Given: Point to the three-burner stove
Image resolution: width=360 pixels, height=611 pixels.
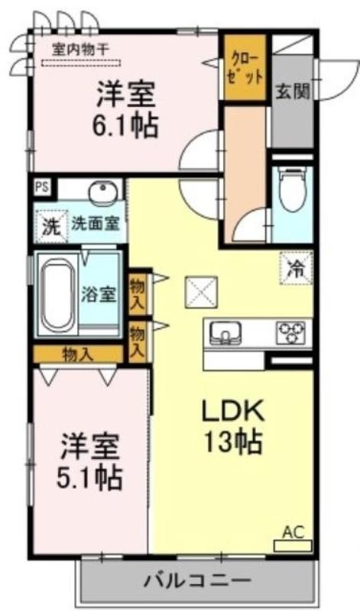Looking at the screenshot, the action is pos(291,332).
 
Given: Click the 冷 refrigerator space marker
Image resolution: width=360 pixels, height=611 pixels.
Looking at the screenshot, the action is pos(296,268).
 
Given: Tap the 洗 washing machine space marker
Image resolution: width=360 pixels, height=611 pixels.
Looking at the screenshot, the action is pos(51,227).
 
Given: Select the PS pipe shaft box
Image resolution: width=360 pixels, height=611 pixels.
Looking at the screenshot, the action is pos(42,187).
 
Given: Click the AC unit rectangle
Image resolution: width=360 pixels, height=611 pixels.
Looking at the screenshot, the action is pos(293,545).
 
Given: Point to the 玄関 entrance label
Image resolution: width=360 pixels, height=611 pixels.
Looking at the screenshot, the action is pos(294,91).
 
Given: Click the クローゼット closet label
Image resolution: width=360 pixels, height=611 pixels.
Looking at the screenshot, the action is pos(245,68).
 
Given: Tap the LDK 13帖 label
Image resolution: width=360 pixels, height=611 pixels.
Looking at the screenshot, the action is pos(233,426).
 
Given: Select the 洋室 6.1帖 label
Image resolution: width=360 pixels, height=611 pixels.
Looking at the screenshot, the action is pos(125,108).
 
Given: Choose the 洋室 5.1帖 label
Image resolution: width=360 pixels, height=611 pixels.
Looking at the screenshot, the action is pos(89,461).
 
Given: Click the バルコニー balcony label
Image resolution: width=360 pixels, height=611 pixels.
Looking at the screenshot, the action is pos(197,582).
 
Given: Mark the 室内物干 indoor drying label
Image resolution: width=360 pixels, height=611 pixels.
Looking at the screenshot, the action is pos(80,50).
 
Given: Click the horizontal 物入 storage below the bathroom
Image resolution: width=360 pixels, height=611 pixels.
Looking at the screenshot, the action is pos(79,354).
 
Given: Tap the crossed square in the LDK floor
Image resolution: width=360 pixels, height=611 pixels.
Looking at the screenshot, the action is pos(201,292).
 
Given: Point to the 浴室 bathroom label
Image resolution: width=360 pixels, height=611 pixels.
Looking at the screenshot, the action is pos(99,295).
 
